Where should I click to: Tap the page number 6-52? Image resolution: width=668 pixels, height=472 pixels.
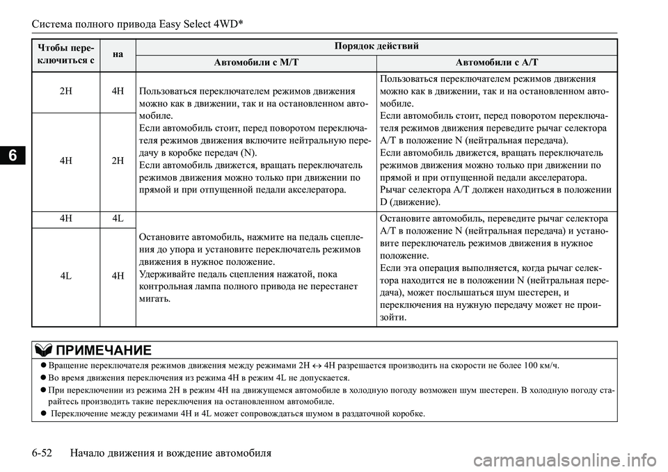46,453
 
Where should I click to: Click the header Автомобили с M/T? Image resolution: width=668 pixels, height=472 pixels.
257,63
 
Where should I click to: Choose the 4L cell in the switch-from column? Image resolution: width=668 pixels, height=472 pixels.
65,276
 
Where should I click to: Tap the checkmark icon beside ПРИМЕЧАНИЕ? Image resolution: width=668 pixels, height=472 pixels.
43,349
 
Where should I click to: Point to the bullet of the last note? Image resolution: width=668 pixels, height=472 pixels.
45,415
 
